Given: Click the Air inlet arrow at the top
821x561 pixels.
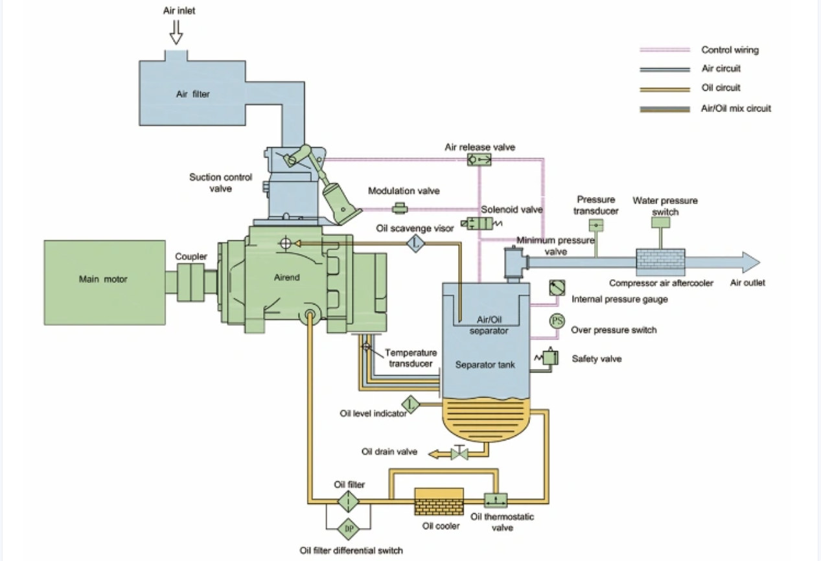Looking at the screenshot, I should [x=176, y=32].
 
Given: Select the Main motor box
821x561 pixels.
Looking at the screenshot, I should [x=104, y=279].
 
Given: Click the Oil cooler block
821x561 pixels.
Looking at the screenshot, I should [x=439, y=501].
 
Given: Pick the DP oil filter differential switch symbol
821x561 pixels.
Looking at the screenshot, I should [x=349, y=529].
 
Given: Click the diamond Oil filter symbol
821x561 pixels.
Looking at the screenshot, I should [x=349, y=501].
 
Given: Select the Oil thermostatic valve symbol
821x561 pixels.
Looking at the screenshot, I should [x=496, y=501].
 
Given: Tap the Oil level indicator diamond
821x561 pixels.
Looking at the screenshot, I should [x=410, y=404].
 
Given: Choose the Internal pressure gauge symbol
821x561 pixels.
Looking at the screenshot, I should [x=557, y=288].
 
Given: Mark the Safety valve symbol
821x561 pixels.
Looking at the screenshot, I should [x=549, y=357].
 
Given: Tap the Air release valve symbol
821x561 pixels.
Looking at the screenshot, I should [x=480, y=159].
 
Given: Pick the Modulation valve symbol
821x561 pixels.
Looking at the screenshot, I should [x=400, y=208].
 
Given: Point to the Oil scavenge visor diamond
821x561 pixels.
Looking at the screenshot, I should [x=415, y=243].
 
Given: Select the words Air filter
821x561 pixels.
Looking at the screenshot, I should [x=193, y=94].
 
